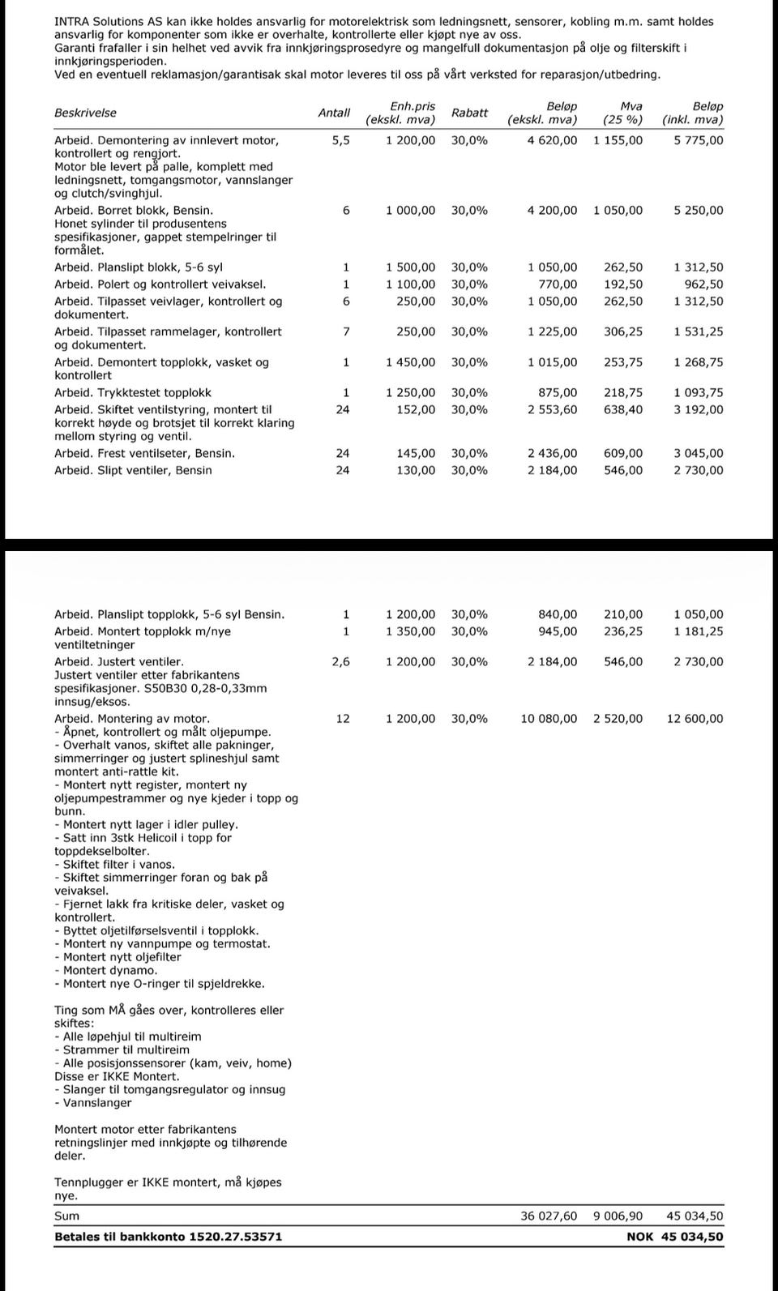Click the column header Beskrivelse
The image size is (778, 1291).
(85, 113)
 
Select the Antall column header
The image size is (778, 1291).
(334, 113)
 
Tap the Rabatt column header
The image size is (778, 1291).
(469, 113)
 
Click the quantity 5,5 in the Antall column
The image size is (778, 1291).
(341, 140)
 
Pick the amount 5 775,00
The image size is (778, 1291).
(699, 140)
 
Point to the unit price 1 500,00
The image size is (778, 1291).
(410, 267)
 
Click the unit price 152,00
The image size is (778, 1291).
(416, 410)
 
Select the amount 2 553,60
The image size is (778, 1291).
(552, 410)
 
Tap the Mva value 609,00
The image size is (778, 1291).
(623, 454)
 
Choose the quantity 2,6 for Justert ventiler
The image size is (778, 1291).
(341, 662)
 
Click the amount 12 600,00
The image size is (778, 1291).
(695, 719)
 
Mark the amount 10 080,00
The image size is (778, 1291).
(549, 719)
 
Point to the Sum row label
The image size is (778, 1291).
(66, 1216)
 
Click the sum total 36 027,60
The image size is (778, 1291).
(549, 1216)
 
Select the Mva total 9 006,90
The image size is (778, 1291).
(618, 1216)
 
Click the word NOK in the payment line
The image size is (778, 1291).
(639, 1237)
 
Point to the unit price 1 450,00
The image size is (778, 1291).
(410, 362)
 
